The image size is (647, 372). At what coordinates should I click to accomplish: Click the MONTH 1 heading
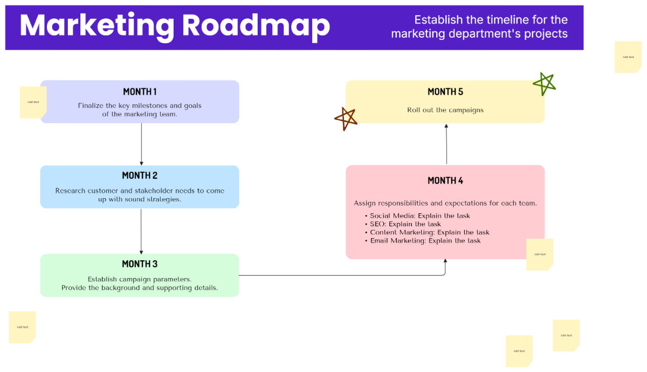coord(140,92)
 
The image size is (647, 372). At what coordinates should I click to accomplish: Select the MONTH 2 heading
coord(140,175)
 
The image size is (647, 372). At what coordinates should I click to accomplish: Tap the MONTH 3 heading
coord(140,264)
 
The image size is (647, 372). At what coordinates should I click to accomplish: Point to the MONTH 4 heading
coord(445,181)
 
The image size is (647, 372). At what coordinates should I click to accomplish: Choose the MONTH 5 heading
coord(445,92)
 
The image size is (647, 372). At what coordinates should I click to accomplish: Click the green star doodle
coord(544,84)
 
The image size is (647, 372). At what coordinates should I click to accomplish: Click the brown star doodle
coord(346,119)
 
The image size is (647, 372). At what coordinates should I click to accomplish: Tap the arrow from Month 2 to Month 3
coord(141,231)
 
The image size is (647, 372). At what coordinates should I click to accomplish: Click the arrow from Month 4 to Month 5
coord(446,144)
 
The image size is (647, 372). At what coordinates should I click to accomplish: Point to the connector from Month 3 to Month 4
coord(345,275)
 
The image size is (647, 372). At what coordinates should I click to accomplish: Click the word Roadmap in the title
coord(256,25)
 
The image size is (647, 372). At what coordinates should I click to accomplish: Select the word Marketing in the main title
coord(97,25)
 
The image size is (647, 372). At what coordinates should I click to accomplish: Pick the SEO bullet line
coord(405,224)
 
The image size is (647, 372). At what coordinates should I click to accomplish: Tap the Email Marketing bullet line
coord(425,241)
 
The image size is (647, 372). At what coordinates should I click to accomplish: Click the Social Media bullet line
coord(419,216)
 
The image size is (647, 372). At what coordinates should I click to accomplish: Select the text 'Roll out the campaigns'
coord(445,110)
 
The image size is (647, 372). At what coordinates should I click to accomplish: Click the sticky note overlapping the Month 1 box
coord(33,102)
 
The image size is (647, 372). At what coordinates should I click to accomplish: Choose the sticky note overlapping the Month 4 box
coord(539,254)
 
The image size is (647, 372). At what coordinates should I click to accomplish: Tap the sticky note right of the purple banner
coord(628,57)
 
